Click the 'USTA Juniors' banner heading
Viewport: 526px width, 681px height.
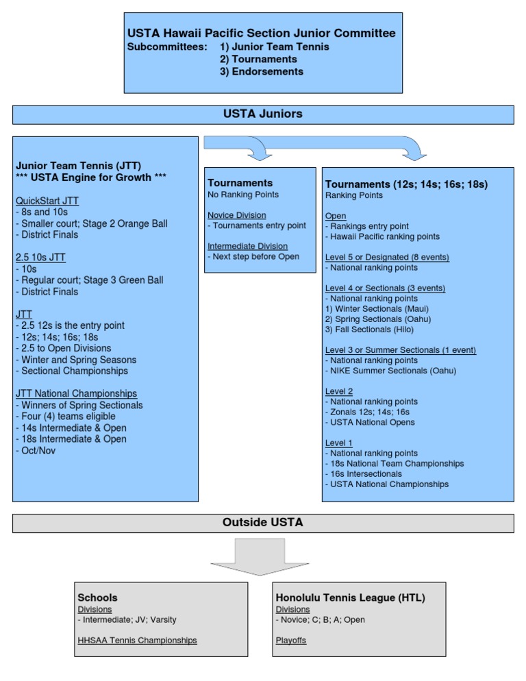tap(263, 114)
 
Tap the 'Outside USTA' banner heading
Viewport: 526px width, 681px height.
tap(263, 523)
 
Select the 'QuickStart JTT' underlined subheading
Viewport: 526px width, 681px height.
tap(47, 201)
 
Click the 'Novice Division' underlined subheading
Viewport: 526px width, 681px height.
tap(237, 215)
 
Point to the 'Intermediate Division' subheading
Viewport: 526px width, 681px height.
tap(248, 246)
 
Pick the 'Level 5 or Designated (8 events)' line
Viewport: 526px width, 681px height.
tap(387, 257)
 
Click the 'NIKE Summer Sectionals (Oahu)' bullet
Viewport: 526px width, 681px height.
tap(392, 371)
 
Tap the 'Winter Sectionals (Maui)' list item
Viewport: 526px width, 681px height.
tap(377, 308)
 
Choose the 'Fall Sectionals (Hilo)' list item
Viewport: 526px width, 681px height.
tap(373, 329)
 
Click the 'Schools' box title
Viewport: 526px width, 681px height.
tap(98, 597)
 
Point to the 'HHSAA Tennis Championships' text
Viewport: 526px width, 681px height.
tap(137, 640)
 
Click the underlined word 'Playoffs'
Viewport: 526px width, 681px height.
tap(292, 640)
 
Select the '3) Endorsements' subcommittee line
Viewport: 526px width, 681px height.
tap(262, 71)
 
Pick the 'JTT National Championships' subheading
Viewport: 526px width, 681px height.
tap(76, 393)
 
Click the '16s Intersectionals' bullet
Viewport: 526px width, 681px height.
tap(366, 473)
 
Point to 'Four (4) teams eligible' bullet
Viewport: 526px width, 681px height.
tap(67, 416)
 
